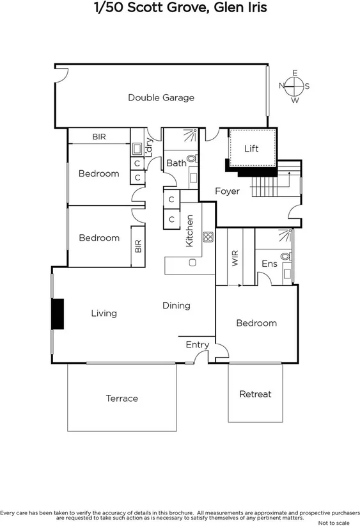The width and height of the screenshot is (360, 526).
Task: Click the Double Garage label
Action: (161, 98)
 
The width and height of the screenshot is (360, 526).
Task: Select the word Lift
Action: (252, 148)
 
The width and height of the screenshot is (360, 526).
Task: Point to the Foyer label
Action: (227, 191)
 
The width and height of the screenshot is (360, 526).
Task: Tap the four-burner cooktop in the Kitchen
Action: (208, 237)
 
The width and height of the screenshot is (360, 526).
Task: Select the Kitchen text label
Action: (189, 231)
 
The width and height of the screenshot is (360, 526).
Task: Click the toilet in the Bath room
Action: (192, 159)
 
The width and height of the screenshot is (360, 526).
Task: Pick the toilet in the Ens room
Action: (286, 257)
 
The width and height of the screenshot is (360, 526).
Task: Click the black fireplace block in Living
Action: (58, 314)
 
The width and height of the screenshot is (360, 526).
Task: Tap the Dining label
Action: (176, 305)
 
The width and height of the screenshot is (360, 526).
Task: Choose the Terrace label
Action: (121, 399)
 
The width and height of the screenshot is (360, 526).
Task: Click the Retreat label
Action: (255, 394)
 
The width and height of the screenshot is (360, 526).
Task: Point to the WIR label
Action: (235, 259)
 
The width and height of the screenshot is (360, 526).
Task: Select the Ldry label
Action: (149, 147)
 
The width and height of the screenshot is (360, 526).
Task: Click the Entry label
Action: (197, 345)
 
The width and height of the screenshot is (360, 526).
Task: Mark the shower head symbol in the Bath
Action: (191, 135)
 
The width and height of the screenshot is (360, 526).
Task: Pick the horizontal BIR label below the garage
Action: (99, 137)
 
